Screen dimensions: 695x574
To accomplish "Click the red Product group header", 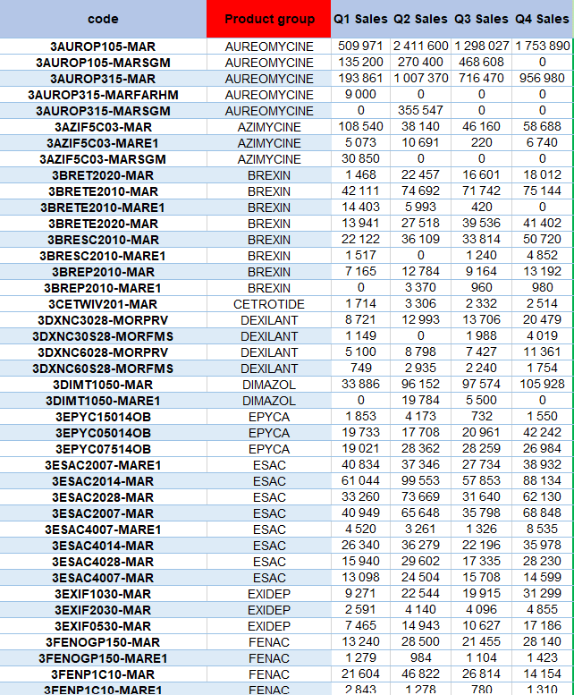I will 269,19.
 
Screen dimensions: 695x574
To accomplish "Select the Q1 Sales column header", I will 360,19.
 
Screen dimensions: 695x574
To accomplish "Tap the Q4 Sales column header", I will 543,19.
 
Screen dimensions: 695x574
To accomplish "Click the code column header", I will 103,19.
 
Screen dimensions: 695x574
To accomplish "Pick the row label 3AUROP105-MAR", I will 103,47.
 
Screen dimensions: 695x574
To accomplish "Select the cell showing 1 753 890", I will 543,47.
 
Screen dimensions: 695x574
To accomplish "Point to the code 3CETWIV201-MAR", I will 103,304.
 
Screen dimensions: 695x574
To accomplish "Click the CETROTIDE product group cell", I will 269,304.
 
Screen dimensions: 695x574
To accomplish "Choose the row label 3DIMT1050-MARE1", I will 103,401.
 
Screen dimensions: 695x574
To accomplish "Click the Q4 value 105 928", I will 543,385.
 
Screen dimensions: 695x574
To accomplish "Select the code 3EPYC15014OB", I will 103,417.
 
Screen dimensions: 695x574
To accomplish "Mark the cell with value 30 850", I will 360,159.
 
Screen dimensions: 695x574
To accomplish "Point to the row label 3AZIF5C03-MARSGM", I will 103,159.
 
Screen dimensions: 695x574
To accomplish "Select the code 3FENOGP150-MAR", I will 103,642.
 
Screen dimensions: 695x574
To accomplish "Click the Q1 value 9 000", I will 360,95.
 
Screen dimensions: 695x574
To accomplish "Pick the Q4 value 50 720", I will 543,240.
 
